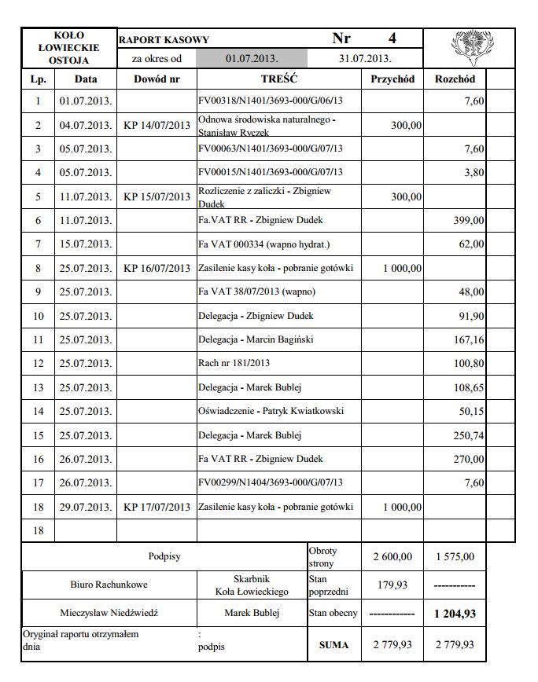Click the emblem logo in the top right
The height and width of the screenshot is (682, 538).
(469, 48)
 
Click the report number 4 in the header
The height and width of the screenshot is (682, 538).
(392, 38)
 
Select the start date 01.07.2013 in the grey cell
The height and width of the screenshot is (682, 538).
(251, 58)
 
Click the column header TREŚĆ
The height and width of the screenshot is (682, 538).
(278, 79)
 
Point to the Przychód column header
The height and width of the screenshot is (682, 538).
(392, 79)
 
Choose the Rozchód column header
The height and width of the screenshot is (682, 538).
(455, 79)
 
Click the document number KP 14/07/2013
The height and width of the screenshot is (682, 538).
(157, 126)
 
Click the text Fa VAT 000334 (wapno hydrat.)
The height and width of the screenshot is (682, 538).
(263, 244)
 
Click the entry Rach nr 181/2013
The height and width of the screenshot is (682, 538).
(234, 363)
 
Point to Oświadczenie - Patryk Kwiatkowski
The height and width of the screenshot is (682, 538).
(271, 411)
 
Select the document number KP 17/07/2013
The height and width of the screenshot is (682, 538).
(157, 507)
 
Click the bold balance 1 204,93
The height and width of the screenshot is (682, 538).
(455, 613)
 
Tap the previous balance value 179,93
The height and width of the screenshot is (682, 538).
(392, 585)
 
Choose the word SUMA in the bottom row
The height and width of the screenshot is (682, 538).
(333, 644)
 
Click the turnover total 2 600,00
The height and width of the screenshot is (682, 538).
(392, 557)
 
